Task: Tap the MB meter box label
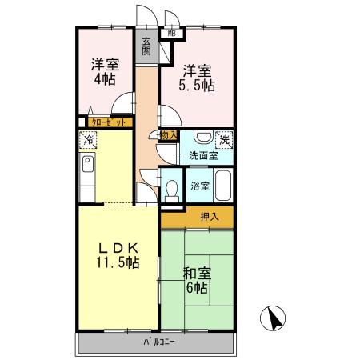[171, 34]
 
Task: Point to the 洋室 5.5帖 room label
[197, 76]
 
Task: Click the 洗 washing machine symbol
[225, 138]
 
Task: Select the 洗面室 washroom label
[204, 156]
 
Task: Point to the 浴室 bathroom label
[200, 187]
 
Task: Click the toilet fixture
[172, 190]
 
